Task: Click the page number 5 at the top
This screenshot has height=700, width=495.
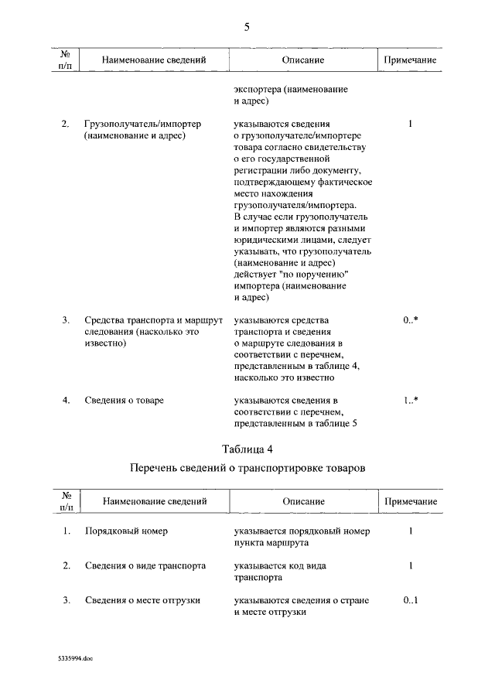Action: click(247, 26)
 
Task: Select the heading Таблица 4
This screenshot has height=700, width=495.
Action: click(247, 449)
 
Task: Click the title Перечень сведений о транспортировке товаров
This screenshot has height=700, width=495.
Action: click(247, 469)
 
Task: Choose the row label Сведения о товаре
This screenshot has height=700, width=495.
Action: click(124, 400)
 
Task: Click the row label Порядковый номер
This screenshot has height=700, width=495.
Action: click(126, 531)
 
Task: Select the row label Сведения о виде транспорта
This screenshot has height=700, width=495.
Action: click(145, 566)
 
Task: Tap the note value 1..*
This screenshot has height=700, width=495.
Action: click(410, 400)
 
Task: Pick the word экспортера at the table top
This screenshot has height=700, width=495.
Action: click(258, 90)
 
